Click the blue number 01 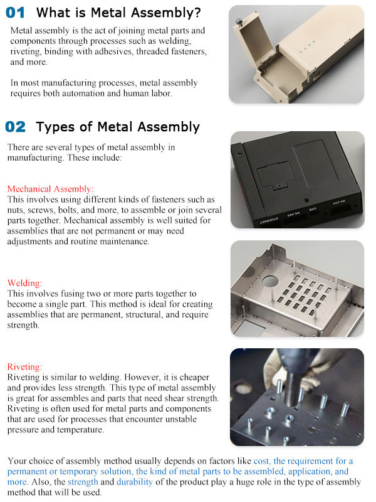[16, 12]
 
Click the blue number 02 [16, 127]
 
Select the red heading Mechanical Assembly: [50, 189]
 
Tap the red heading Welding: [24, 283]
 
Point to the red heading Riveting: [24, 366]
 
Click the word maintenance [127, 241]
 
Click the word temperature [82, 430]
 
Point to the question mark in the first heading [197, 12]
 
